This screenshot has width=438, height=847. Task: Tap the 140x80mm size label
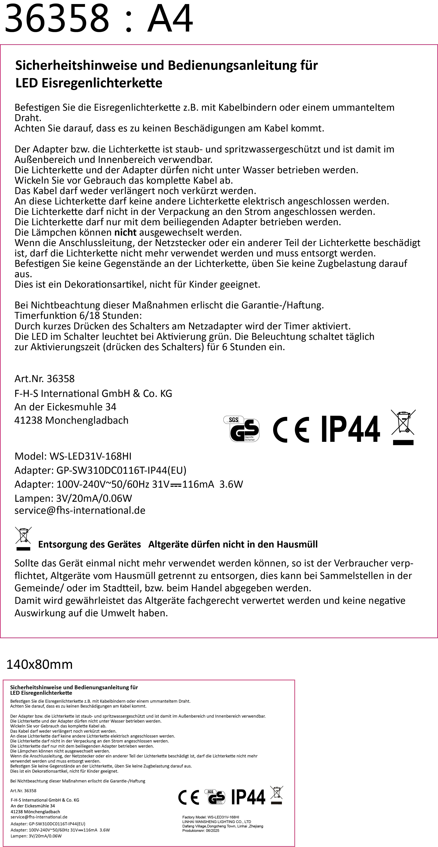pyautogui.click(x=39, y=665)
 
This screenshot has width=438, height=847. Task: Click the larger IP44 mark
pyautogui.click(x=351, y=429)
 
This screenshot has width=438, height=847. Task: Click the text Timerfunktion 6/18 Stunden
pyautogui.click(x=78, y=316)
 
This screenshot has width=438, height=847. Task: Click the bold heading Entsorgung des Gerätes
pyautogui.click(x=90, y=545)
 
